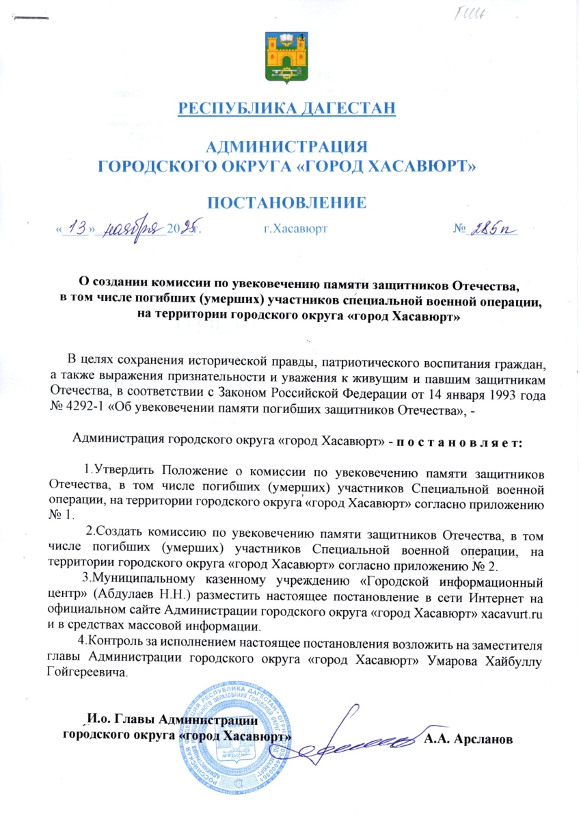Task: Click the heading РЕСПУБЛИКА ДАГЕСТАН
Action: (x=287, y=108)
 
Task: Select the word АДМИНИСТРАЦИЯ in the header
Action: (x=287, y=146)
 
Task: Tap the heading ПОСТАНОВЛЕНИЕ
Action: (x=287, y=202)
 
